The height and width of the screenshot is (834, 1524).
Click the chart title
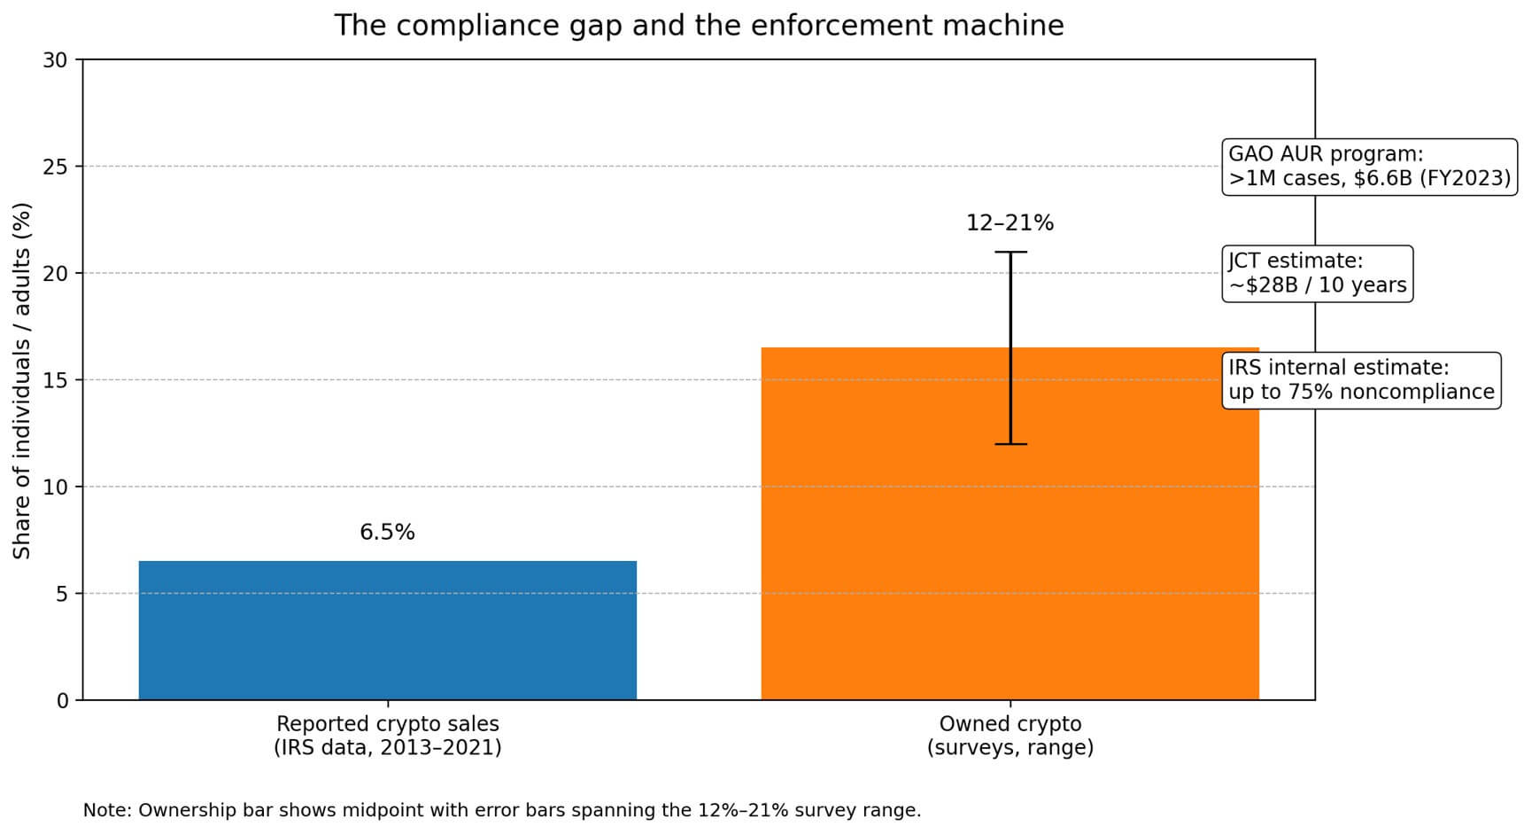699,25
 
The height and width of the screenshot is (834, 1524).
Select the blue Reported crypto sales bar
387,630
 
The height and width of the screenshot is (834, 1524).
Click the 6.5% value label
387,532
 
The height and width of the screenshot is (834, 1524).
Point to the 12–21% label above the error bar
1010,223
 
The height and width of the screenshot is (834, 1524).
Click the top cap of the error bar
1010,252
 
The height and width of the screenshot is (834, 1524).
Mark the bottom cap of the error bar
1010,444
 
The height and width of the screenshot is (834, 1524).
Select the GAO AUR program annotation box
1369,167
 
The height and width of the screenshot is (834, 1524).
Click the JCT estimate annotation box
1317,274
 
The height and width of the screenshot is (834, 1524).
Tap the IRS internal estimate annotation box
1361,380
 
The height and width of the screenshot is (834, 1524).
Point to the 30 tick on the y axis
55,60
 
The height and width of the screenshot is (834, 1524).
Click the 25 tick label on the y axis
55,167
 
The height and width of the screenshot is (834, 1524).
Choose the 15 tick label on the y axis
55,380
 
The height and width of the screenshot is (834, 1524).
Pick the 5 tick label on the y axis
61,594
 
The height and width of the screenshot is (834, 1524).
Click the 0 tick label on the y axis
61,701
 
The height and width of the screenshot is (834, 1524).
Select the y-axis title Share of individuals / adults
22,380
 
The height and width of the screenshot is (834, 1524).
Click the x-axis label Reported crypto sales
387,736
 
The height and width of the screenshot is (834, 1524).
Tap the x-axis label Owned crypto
1010,736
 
